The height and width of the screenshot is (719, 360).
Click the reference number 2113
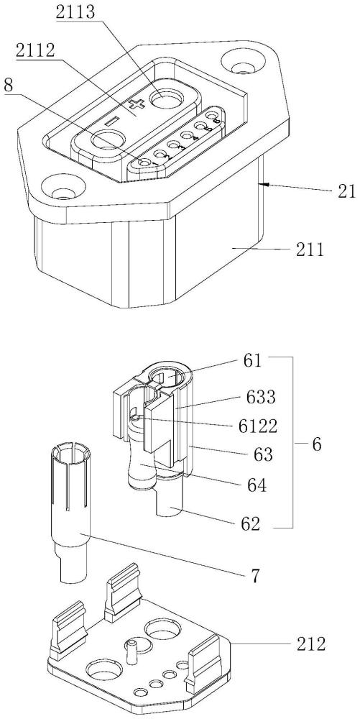pos(75,12)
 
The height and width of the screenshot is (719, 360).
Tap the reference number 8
pos(8,86)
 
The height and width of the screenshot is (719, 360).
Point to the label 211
pos(309,250)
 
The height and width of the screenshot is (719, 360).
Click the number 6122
pos(258,426)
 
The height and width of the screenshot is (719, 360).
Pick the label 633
pos(260,398)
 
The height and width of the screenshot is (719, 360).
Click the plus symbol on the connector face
pos(137,102)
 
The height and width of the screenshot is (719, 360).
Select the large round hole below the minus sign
pos(109,139)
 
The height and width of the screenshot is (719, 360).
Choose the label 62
pos(250,523)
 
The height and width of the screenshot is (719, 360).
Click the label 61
pos(252,361)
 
